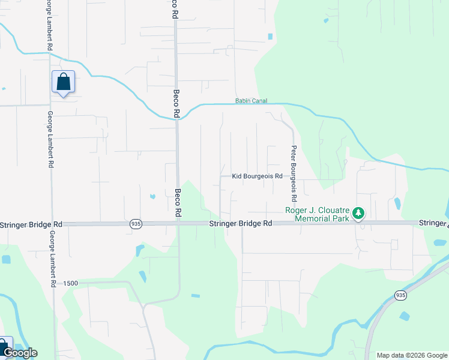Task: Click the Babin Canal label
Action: pos(251,101)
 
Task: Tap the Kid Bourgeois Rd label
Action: pos(257,176)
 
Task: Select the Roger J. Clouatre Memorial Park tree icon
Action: pos(358,214)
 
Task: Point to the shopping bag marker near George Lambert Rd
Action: pos(63,82)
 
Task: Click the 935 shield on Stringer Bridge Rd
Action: pos(136,224)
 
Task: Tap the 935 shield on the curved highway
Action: pos(400,295)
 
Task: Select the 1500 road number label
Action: pos(71,283)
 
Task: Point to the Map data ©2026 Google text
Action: pos(411,355)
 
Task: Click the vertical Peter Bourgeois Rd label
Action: pos(294,173)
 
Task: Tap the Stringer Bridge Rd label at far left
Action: pos(31,224)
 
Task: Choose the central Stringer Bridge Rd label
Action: pos(241,223)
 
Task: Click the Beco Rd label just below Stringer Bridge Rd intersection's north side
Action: pos(178,203)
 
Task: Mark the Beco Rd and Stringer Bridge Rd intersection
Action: pos(178,224)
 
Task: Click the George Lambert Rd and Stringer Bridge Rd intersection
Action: pos(52,224)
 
